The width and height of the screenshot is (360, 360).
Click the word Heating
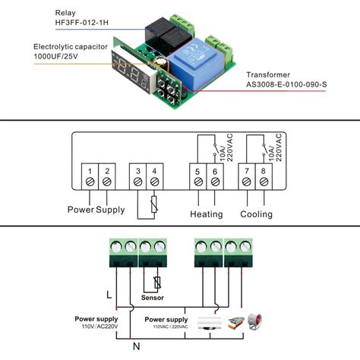206,214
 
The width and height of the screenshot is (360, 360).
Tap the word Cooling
257,214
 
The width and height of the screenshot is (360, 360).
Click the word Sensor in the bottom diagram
154,298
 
